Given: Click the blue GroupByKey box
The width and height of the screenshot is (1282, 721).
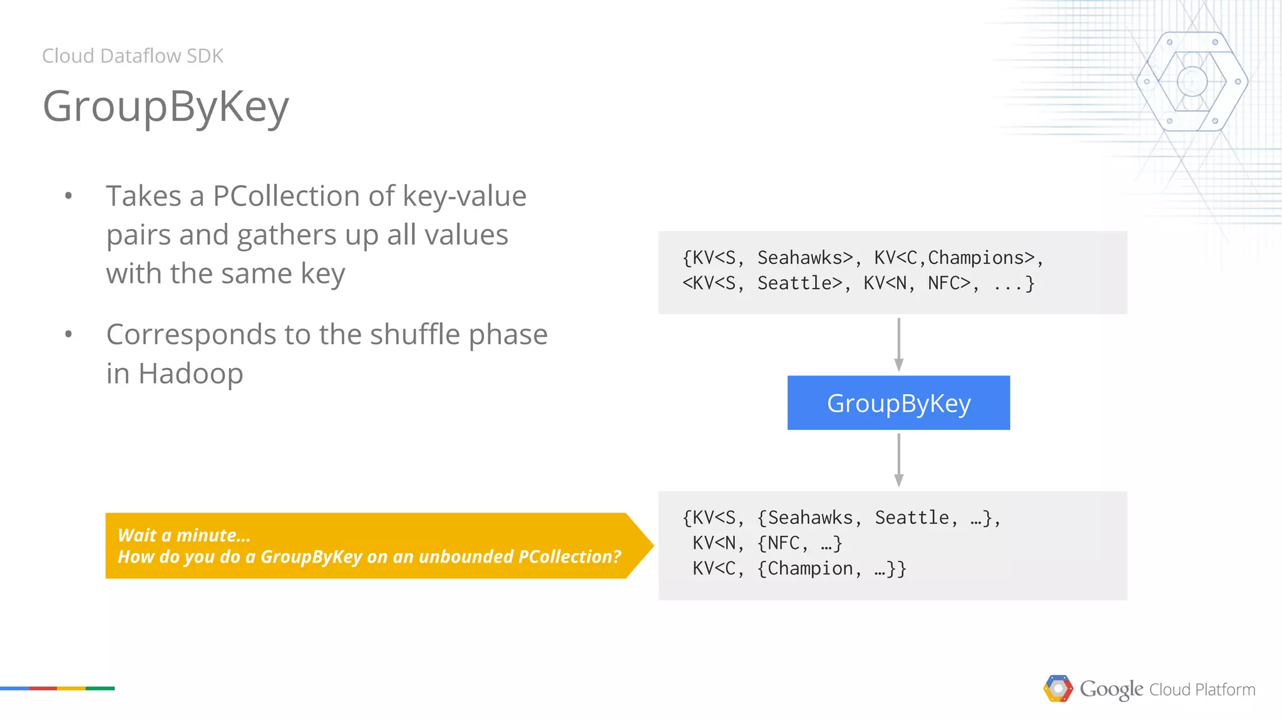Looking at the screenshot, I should (x=898, y=403).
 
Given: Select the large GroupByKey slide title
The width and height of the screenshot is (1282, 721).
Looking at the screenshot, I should (x=166, y=106).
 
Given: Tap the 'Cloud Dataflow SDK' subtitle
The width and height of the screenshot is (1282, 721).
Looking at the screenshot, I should (x=133, y=56).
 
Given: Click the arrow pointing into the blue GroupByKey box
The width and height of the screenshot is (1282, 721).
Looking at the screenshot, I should (x=898, y=344).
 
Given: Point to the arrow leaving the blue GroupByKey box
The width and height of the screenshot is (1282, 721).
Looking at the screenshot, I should (x=898, y=460).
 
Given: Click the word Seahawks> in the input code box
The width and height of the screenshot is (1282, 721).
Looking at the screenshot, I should (x=805, y=258).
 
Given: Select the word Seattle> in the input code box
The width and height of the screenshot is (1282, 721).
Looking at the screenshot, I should (x=799, y=284).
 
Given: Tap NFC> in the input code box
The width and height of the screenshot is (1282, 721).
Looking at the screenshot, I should (x=948, y=284).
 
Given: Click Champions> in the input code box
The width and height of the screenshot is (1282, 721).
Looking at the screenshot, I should (x=980, y=258).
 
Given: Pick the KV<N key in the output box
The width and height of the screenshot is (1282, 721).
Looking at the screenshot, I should (x=713, y=543).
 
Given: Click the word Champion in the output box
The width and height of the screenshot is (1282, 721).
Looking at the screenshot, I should (x=810, y=568).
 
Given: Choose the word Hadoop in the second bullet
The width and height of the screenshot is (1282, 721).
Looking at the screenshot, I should (x=190, y=374).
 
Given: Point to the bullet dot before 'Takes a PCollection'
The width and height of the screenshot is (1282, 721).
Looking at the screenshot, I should (x=68, y=197).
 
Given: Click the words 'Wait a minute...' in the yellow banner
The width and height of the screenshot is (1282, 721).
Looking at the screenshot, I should (x=184, y=535).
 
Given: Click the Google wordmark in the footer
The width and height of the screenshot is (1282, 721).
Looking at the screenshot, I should (x=1111, y=689).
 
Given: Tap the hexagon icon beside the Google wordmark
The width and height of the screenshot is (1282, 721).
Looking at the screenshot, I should (x=1058, y=688).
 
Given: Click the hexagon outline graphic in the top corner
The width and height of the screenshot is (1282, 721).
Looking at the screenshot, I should (x=1192, y=81).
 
